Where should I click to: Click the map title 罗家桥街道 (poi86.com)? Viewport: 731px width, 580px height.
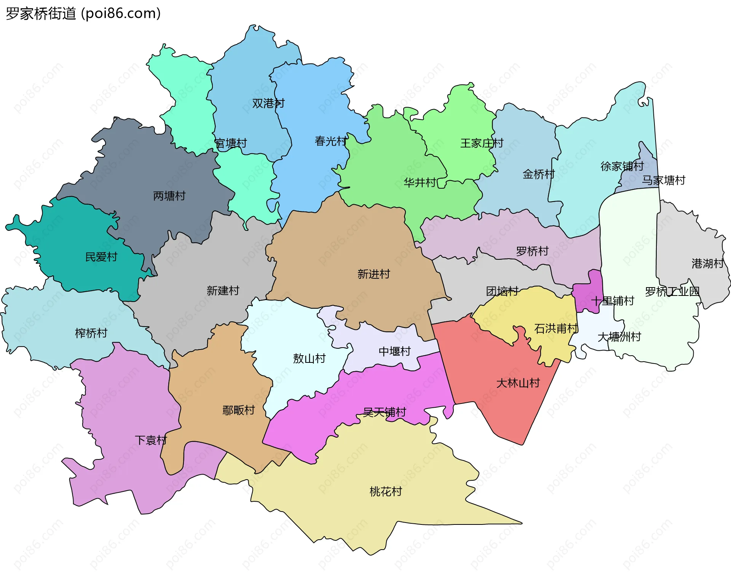(x=83, y=13)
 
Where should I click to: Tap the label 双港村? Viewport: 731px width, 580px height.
(x=268, y=103)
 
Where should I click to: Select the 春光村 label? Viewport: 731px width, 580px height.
(x=330, y=141)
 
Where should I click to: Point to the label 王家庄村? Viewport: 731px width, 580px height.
(x=482, y=143)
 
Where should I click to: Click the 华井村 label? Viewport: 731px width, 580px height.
(x=420, y=183)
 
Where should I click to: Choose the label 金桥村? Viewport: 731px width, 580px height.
(x=538, y=175)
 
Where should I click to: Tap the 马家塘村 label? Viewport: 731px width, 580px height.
(x=664, y=180)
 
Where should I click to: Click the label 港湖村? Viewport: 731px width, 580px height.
(x=707, y=264)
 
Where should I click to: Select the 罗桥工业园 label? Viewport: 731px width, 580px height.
(x=672, y=292)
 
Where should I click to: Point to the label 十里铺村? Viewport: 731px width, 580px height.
(x=612, y=301)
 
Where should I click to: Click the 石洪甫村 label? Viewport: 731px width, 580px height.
(x=556, y=329)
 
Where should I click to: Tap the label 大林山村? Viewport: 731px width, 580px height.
(x=518, y=383)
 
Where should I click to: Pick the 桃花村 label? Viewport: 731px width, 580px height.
(x=386, y=492)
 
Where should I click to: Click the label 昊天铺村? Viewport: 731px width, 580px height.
(x=385, y=412)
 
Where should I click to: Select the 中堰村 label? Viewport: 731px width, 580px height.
(x=394, y=351)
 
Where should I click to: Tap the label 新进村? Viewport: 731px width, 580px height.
(x=373, y=274)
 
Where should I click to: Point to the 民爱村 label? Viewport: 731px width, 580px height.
(x=101, y=257)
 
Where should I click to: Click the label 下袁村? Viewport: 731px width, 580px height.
(x=151, y=440)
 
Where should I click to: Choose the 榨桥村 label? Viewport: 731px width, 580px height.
(x=91, y=334)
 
